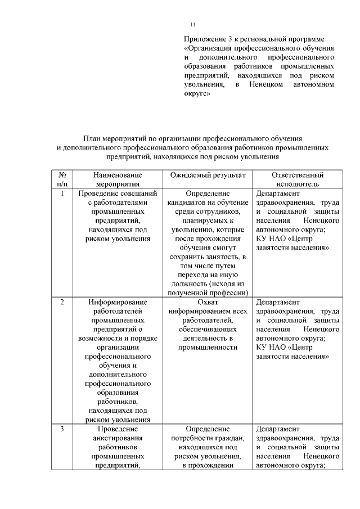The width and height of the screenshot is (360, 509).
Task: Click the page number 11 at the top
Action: tap(192, 24)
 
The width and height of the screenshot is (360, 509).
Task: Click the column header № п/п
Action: tap(62, 179)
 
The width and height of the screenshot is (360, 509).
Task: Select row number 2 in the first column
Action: tap(62, 302)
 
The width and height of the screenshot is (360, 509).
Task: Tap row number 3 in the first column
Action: tap(62, 429)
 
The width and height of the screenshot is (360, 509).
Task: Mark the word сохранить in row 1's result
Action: tap(188, 256)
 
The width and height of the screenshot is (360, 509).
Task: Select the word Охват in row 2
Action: tap(208, 302)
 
